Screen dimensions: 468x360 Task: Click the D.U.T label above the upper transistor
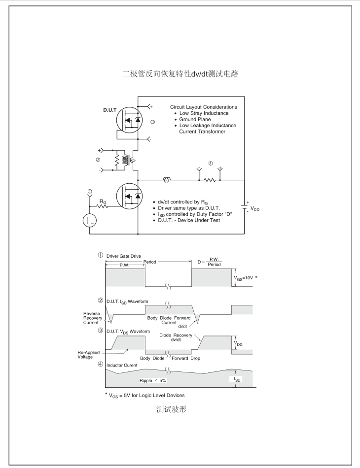click(110, 110)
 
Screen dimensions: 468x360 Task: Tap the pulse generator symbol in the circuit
click(90, 220)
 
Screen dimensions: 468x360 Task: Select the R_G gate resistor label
click(103, 201)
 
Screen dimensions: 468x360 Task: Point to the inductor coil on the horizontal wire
click(167, 180)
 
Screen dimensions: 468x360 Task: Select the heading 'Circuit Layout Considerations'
click(203, 107)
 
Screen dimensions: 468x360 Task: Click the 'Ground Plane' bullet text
click(195, 119)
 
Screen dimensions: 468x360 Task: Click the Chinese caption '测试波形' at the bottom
click(171, 409)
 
